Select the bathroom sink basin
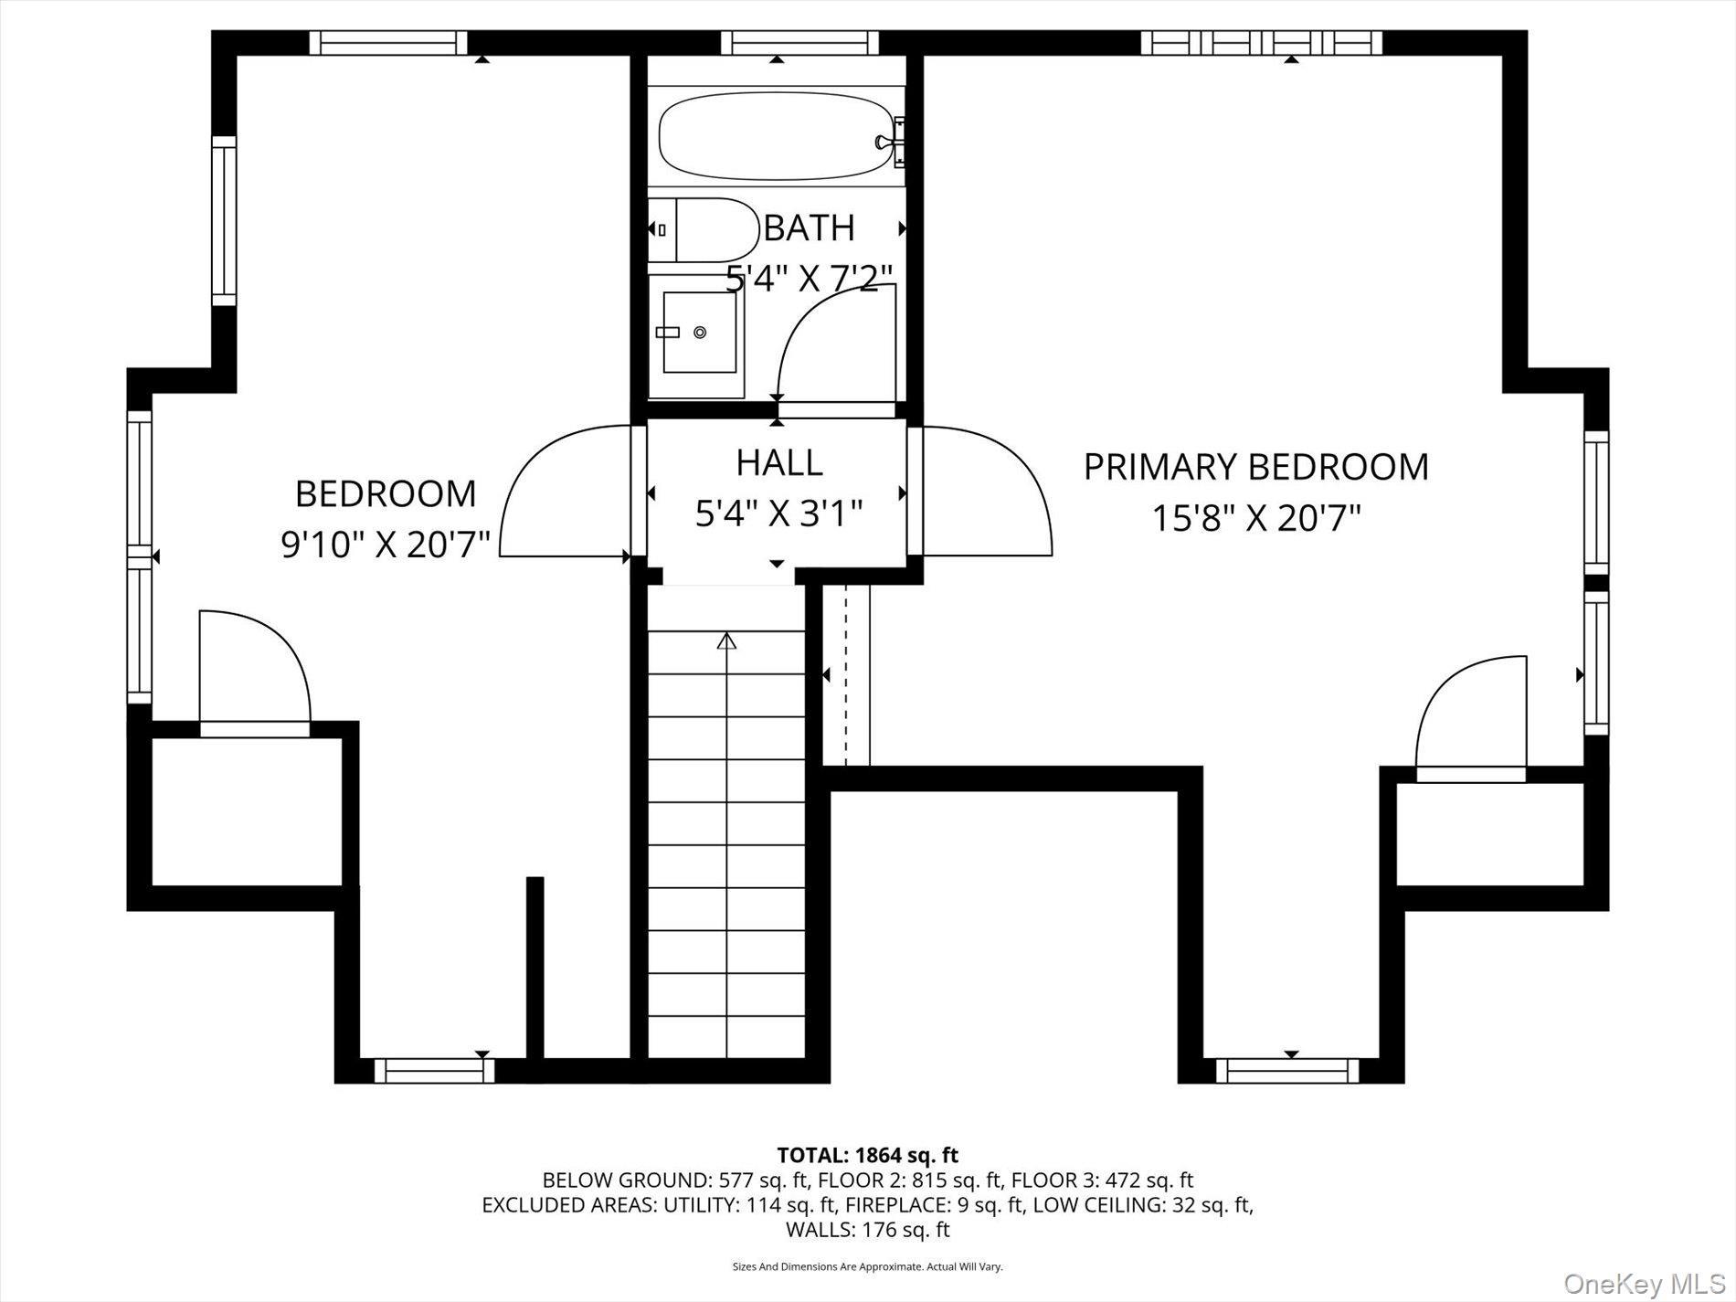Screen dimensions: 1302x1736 (x=699, y=333)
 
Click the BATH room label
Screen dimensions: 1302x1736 (x=809, y=228)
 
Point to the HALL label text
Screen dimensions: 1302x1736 (x=779, y=462)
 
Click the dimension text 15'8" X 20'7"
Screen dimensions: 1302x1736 (x=1255, y=518)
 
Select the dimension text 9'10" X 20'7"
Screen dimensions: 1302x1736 (x=386, y=545)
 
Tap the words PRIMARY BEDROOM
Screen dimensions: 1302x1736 (x=1255, y=467)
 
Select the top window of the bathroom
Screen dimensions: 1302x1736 (x=799, y=42)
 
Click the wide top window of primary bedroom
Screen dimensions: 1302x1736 (x=1261, y=42)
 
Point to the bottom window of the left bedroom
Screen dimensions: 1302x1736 (x=434, y=1070)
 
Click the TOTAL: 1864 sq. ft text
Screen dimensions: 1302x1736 (x=867, y=1155)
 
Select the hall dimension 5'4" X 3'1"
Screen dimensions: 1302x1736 (x=779, y=514)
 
